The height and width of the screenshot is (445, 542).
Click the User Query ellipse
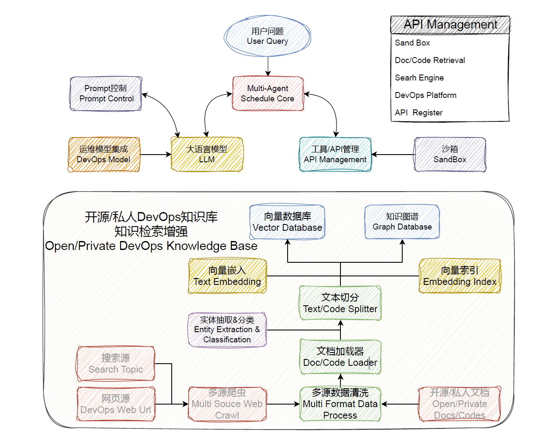pyautogui.click(x=268, y=36)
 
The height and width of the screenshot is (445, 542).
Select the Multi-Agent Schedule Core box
pyautogui.click(x=268, y=94)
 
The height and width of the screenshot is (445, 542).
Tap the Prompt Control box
pyautogui.click(x=106, y=94)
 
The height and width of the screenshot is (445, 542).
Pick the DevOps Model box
pyautogui.click(x=104, y=155)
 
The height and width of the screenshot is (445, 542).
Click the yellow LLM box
pyautogui.click(x=207, y=155)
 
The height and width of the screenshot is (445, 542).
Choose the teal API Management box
pyautogui.click(x=335, y=155)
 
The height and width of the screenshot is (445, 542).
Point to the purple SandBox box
pyautogui.click(x=450, y=155)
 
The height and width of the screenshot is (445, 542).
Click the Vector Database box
pyautogui.click(x=288, y=222)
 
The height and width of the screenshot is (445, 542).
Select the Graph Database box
pyautogui.click(x=402, y=222)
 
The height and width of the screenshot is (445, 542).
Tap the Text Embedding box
pyautogui.click(x=228, y=276)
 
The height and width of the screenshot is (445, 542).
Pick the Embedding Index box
pyautogui.click(x=460, y=276)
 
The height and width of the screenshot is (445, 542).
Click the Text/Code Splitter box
pyautogui.click(x=340, y=303)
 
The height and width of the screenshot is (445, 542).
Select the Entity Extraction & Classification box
pyautogui.click(x=228, y=330)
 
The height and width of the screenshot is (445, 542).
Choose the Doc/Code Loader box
pyautogui.click(x=340, y=357)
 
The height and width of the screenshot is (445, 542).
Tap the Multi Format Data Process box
pyautogui.click(x=340, y=404)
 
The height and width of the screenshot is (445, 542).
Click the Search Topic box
pyautogui.click(x=116, y=364)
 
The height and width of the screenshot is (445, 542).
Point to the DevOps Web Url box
pyautogui.click(x=116, y=404)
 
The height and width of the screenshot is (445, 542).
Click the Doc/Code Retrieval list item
pyautogui.click(x=430, y=60)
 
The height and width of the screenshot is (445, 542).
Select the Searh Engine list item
pyautogui.click(x=419, y=78)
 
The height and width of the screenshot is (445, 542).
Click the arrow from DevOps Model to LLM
pyautogui.click(x=156, y=155)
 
